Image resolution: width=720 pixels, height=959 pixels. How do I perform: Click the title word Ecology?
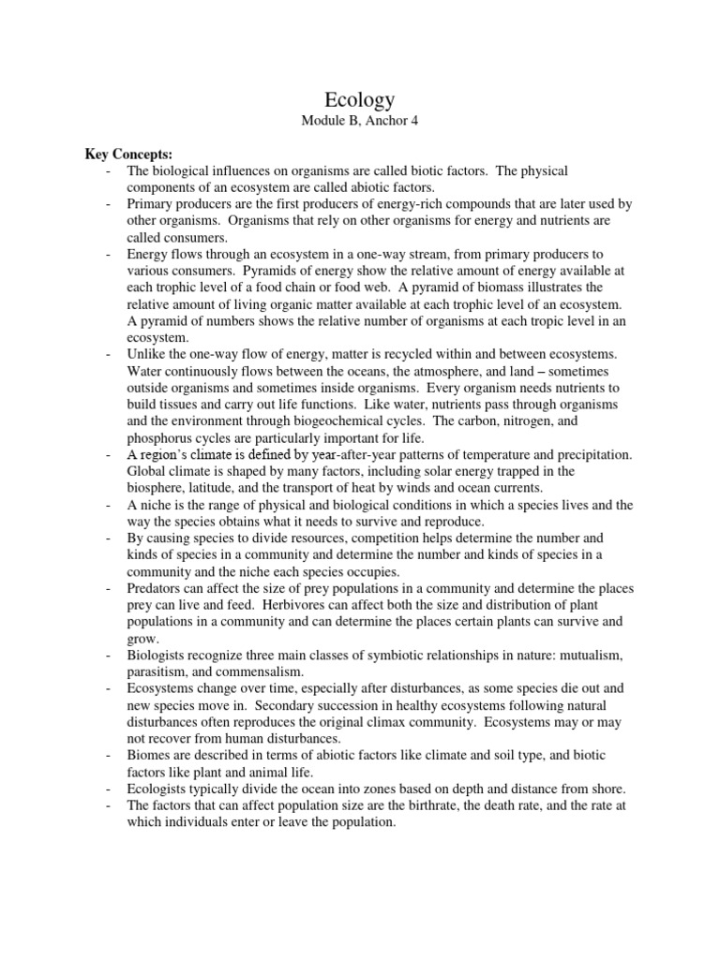361,100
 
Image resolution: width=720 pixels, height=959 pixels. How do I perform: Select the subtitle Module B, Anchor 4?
361,124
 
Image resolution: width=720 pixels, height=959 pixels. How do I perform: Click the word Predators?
157,589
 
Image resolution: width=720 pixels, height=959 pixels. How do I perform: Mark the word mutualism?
592,656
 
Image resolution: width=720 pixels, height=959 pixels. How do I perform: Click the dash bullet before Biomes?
109,757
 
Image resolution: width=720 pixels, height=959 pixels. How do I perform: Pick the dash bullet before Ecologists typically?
109,789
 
